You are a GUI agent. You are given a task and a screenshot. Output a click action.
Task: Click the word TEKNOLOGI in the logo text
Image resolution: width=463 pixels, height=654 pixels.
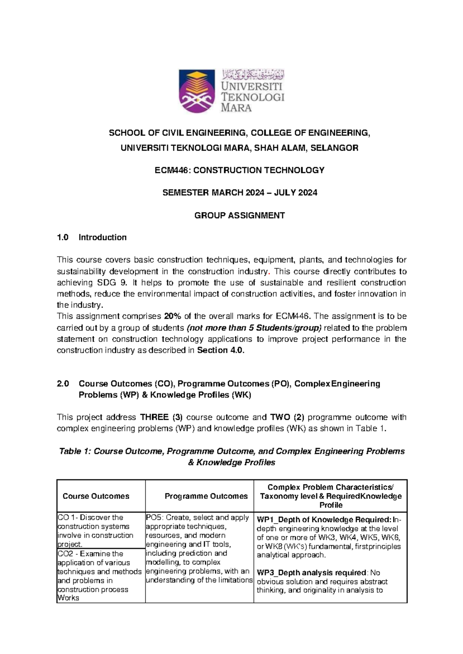tap(253, 97)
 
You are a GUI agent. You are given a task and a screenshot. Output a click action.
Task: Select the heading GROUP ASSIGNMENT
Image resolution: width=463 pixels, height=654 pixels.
tap(240, 215)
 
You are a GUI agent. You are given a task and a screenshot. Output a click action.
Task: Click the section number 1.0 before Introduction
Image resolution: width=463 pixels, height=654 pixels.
tap(63, 237)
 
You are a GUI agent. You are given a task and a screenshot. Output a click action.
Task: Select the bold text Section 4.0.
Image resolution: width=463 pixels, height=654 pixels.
tap(221, 350)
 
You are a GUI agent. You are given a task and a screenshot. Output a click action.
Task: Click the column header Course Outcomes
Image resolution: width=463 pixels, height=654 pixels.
tap(96, 496)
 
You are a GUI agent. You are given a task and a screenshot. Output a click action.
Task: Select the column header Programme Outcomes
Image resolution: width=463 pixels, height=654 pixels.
tap(206, 496)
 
